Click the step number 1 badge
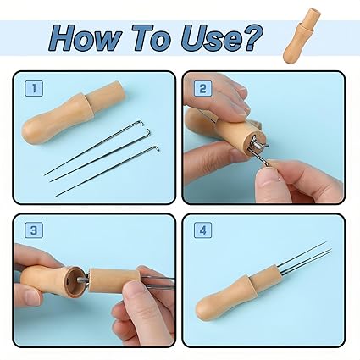click(34, 89)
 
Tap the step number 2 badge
click(202, 89)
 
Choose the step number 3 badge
click(34, 230)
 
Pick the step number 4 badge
click(202, 230)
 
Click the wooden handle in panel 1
click(74, 112)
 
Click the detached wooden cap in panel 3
click(113, 280)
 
